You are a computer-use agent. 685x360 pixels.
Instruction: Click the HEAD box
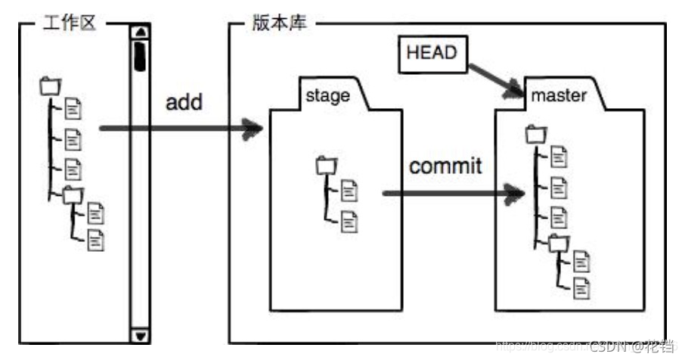tap(432, 54)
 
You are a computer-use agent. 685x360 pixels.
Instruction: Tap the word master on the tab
tap(559, 96)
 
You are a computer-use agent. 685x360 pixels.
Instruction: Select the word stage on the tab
tap(327, 96)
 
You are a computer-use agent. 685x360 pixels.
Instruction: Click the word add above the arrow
tap(184, 101)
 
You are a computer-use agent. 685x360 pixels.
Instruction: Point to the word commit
tap(445, 166)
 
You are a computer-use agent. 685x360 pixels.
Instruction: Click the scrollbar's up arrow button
tap(141, 32)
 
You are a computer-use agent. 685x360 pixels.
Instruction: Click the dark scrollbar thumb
tap(141, 57)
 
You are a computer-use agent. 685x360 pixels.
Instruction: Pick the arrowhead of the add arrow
tap(254, 129)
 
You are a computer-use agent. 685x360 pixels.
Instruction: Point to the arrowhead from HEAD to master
tap(515, 91)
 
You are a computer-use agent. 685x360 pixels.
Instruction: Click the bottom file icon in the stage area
tap(349, 221)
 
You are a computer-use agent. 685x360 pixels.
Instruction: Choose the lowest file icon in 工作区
tap(96, 241)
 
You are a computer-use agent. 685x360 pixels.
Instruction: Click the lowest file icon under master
tap(581, 287)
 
